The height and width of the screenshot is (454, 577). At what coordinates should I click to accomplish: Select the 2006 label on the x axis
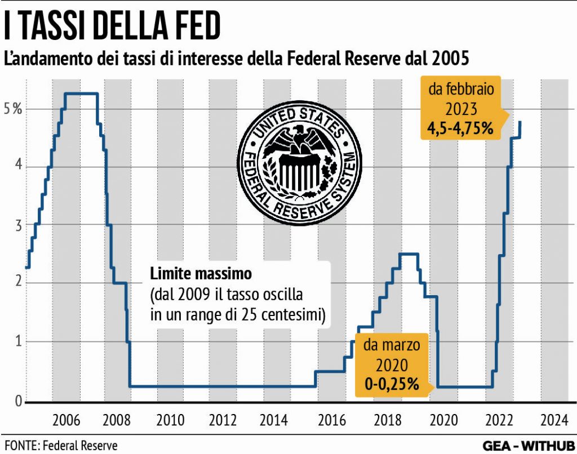65,420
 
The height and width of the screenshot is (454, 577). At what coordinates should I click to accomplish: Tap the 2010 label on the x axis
170,420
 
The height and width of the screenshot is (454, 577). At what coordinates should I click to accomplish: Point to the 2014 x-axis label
274,420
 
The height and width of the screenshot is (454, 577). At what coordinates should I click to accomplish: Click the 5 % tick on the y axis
12,109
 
